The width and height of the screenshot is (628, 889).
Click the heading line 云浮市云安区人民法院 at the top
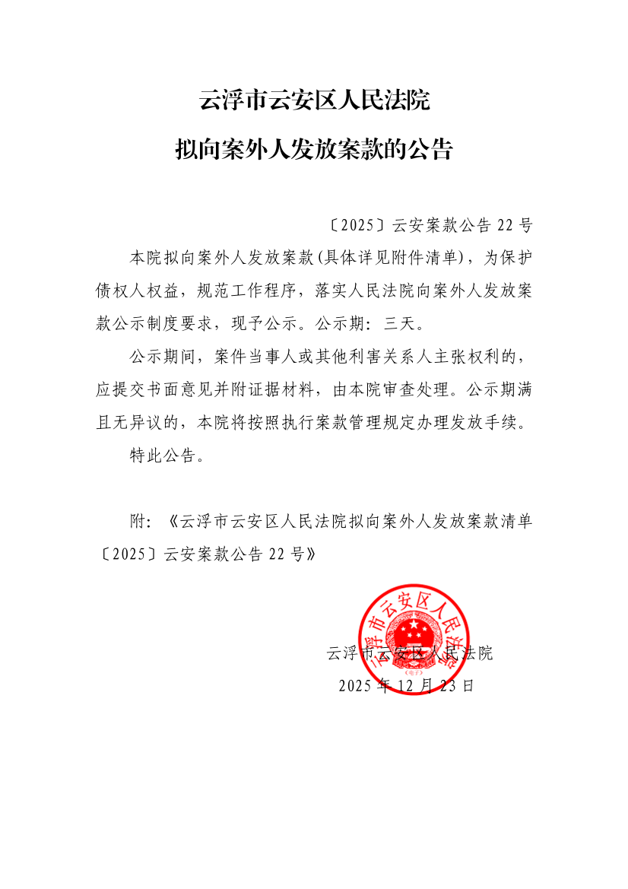pos(314,100)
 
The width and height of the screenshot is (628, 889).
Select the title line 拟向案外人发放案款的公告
pos(314,149)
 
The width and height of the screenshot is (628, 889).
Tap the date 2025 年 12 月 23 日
pos(406,685)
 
